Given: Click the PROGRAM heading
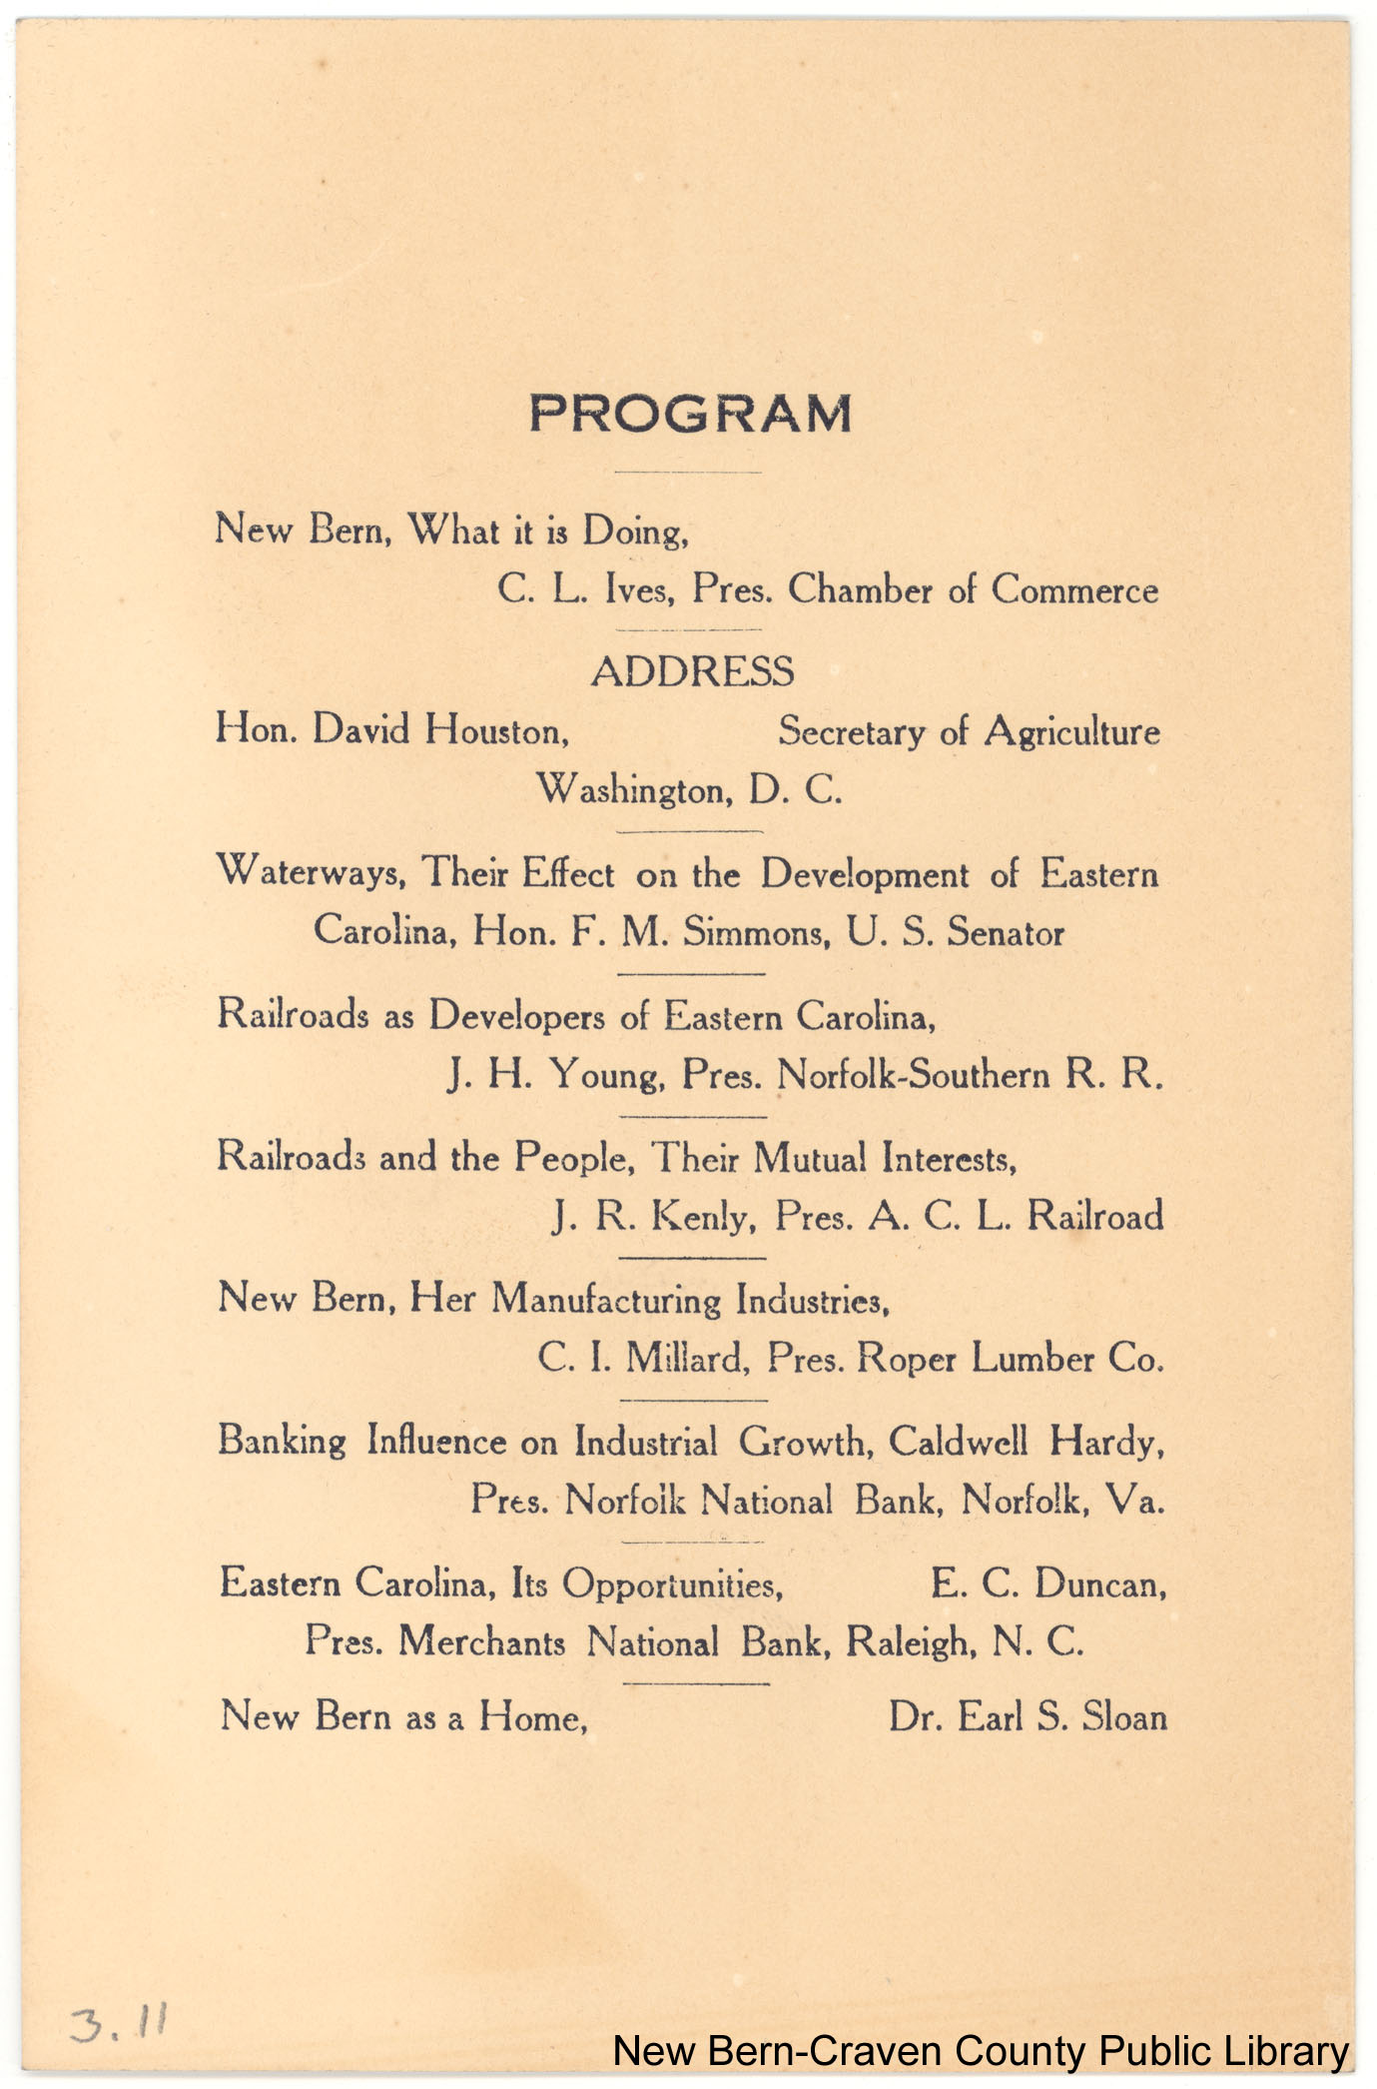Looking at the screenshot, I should [690, 414].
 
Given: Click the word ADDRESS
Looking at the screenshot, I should [692, 671].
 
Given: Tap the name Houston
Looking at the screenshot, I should [496, 731].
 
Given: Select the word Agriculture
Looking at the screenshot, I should [1071, 732].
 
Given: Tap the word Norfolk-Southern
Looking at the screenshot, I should [913, 1075].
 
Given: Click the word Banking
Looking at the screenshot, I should [282, 1442].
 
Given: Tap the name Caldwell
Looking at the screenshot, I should [958, 1442].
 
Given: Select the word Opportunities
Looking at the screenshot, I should [671, 1584].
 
